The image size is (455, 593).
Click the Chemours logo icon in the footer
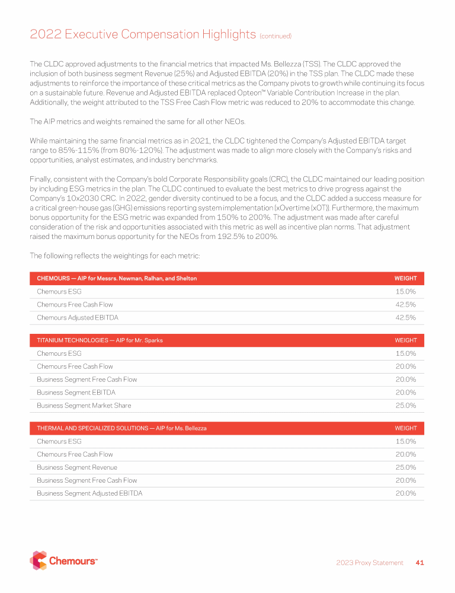(x=38, y=560)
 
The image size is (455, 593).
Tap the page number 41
(x=419, y=562)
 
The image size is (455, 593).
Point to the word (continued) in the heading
(x=275, y=36)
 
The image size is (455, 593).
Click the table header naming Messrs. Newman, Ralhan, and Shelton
(x=117, y=278)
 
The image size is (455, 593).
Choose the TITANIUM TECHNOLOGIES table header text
(x=100, y=340)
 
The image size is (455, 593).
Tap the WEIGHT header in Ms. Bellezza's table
(x=406, y=428)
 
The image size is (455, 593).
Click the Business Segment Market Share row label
(x=84, y=406)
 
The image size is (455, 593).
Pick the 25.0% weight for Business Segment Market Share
(x=406, y=406)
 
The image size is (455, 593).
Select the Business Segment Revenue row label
(x=77, y=467)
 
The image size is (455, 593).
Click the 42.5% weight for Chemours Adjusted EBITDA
(x=406, y=317)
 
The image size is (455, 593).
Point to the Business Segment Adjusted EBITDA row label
(x=89, y=493)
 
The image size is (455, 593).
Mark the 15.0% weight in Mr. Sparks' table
(x=406, y=353)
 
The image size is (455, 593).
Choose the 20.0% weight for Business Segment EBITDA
(x=406, y=393)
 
